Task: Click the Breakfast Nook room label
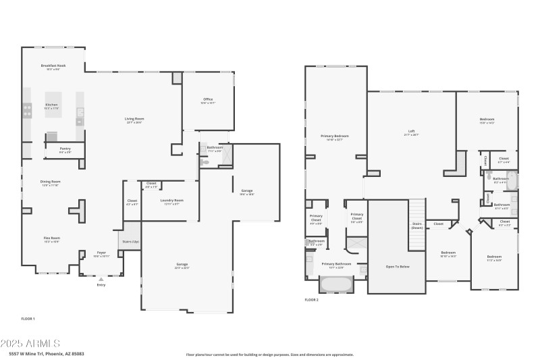click(53, 66)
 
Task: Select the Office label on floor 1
click(208, 99)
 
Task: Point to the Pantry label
click(65, 149)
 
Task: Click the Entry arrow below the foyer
click(101, 278)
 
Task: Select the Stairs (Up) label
click(131, 240)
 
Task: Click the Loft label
click(411, 132)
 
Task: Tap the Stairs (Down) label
click(416, 226)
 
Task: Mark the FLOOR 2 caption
click(311, 299)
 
